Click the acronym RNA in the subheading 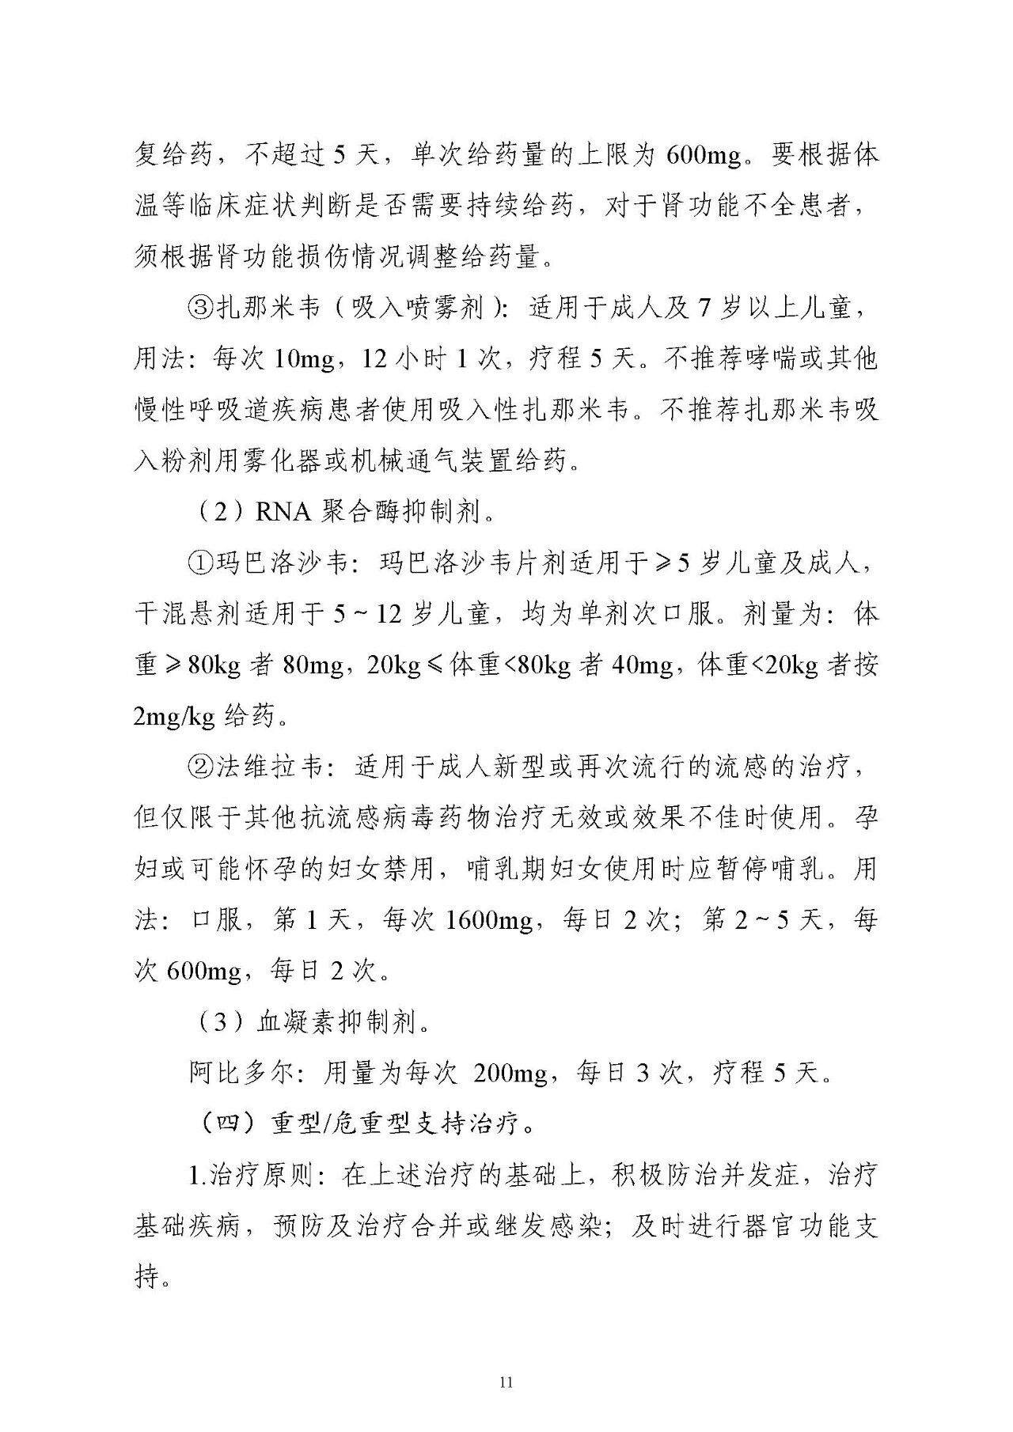click(x=283, y=513)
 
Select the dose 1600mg click(x=489, y=921)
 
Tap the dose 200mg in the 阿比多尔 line click(x=510, y=1074)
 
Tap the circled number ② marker click(x=201, y=767)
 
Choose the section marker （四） click(x=229, y=1124)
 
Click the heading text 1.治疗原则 click(x=253, y=1176)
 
